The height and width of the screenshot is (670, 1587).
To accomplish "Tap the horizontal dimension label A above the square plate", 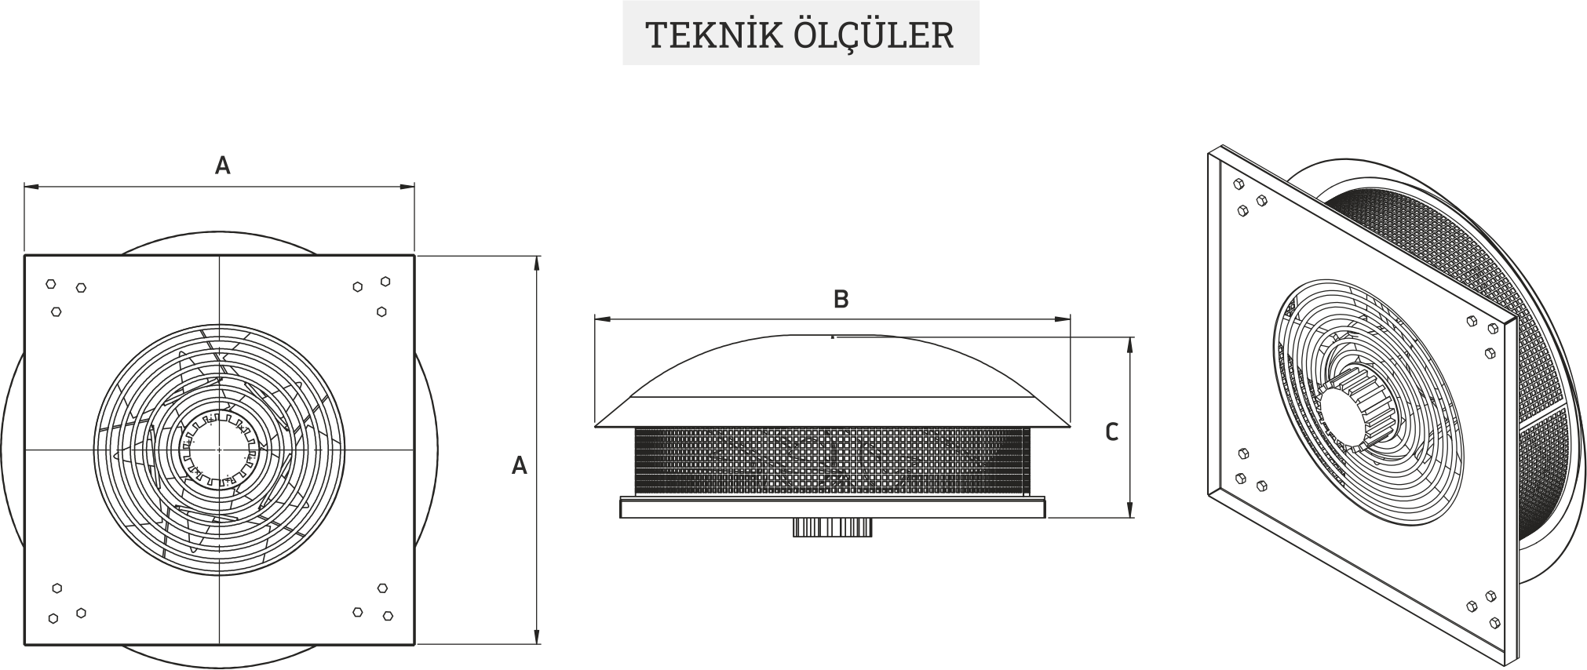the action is [223, 166].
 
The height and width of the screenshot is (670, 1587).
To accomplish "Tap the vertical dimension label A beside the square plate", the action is [519, 466].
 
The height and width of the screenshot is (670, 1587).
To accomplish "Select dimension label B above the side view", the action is [841, 299].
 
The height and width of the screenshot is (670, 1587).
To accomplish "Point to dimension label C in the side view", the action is [1111, 432].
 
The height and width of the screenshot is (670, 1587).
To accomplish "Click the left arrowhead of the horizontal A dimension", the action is [31, 187].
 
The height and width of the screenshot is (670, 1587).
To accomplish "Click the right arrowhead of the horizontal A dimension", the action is [407, 187].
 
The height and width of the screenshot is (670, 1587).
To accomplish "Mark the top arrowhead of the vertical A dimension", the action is [538, 263].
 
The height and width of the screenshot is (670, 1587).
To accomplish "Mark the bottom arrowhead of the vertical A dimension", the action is [538, 637].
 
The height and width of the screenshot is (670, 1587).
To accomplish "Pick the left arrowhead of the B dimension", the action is [602, 319].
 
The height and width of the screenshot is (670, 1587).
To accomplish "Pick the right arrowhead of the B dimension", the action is [1063, 319].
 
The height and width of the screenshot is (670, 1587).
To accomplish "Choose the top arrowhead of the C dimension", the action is [1130, 344].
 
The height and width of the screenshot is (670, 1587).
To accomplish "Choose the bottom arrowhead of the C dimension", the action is [1130, 511].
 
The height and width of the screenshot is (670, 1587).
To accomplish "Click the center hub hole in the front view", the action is [219, 450].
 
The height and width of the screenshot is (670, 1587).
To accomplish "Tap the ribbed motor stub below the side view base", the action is [832, 527].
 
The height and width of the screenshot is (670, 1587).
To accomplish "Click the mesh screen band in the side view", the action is [832, 461].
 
